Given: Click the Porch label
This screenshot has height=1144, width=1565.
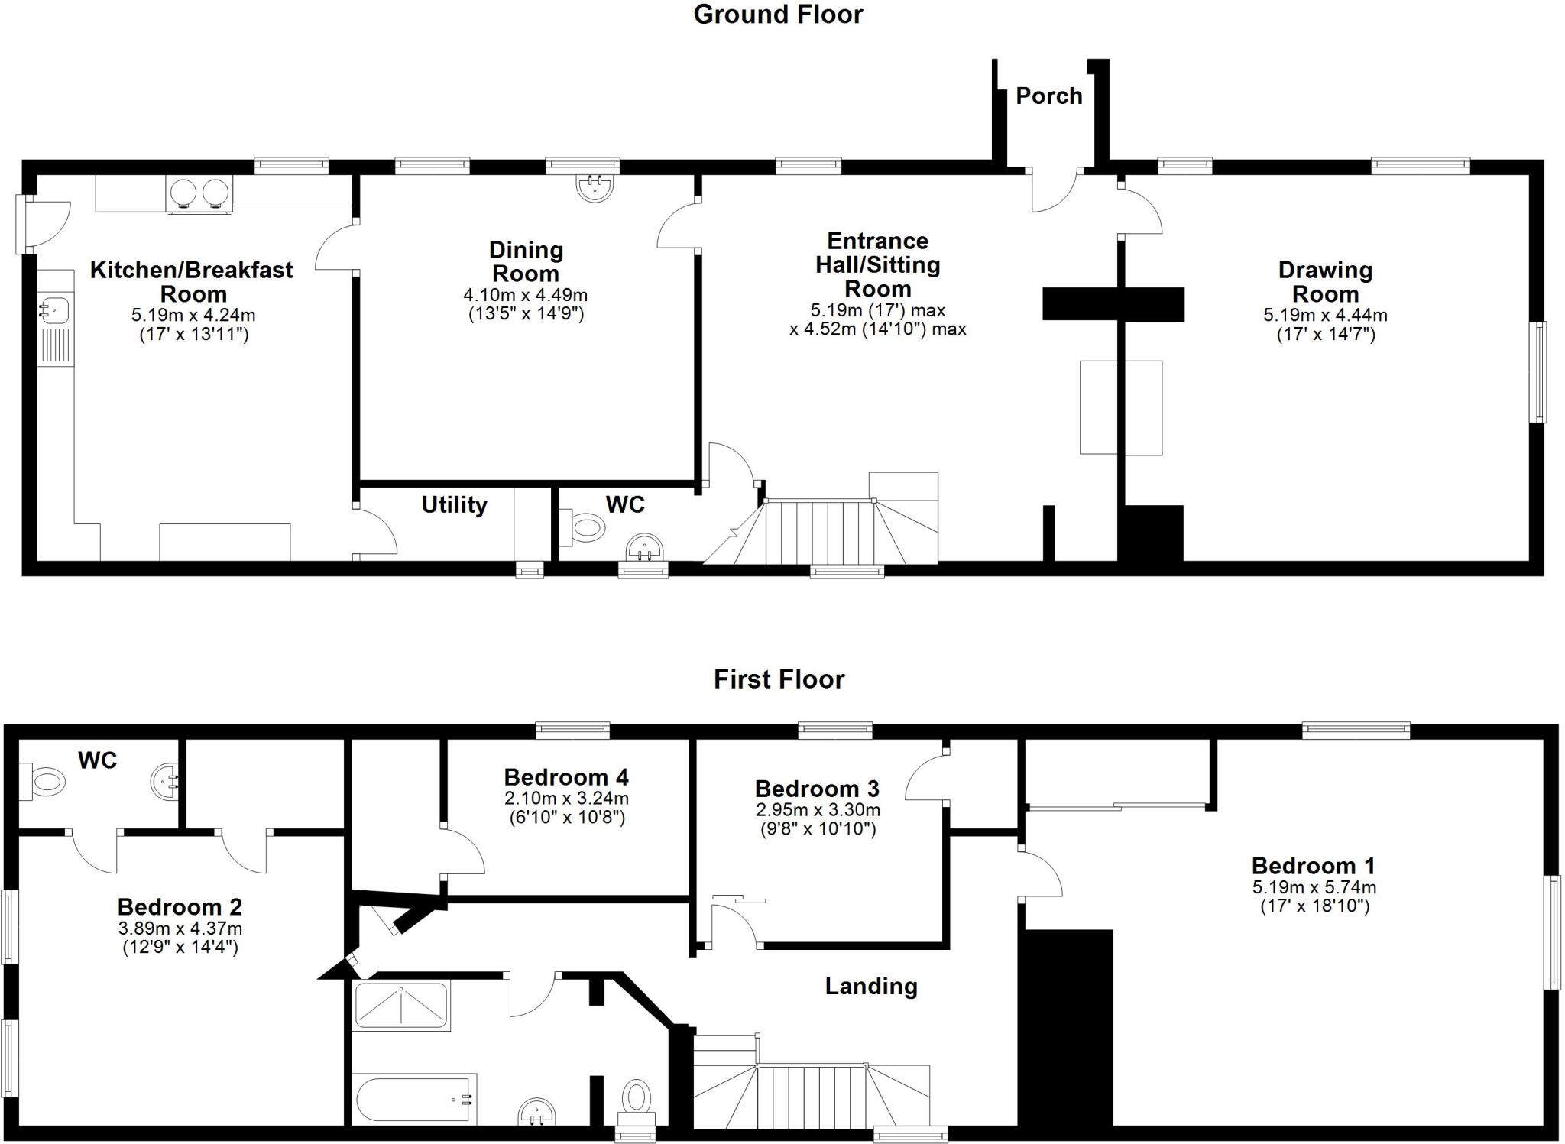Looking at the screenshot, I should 1048,96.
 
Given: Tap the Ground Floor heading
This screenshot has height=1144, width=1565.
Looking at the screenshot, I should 778,15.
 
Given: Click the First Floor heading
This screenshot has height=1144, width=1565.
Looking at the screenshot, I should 779,679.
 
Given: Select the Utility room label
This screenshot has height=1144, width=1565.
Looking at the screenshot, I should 454,505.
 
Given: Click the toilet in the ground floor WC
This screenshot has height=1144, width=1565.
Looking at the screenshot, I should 584,527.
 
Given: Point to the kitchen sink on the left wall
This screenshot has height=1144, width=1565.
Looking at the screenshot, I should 54,311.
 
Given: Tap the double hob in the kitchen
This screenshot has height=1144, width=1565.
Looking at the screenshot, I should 199,193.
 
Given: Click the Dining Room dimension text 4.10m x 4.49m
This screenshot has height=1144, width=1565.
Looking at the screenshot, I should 525,295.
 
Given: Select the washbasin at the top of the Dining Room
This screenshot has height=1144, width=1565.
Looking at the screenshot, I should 596,186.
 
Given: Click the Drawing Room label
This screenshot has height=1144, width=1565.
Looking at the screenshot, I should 1325,281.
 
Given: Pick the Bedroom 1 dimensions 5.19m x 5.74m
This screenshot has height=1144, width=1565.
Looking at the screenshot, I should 1314,887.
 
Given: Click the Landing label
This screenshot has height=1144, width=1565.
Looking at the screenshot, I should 870,987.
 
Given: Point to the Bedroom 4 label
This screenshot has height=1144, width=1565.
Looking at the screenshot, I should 566,777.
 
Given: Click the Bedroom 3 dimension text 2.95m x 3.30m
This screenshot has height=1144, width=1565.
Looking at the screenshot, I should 818,809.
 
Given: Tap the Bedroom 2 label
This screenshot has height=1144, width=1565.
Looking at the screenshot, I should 180,907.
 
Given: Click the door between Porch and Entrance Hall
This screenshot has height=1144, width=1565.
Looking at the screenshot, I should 1054,191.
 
